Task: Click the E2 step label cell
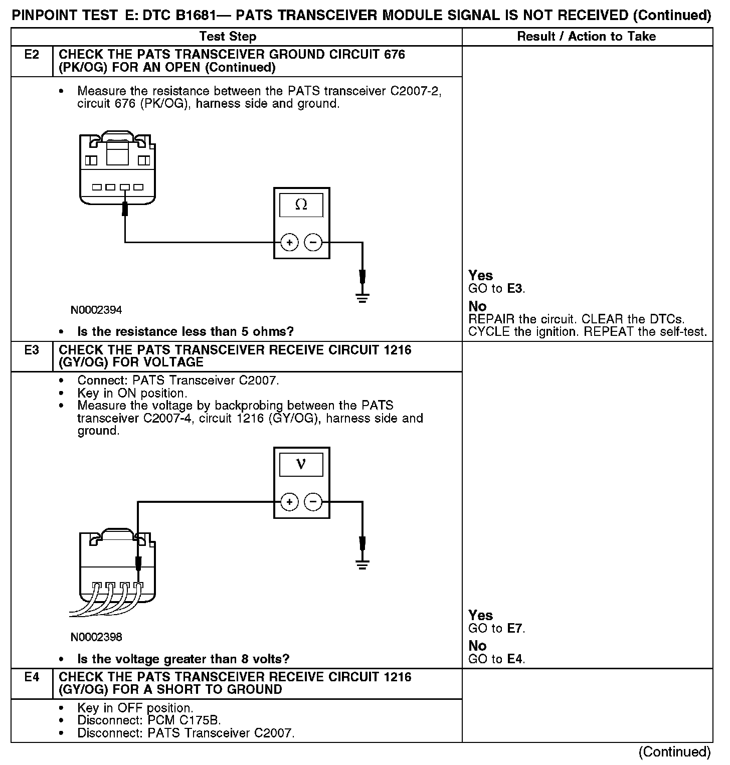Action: (x=32, y=55)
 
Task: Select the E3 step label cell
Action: (x=32, y=350)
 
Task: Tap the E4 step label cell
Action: (x=32, y=677)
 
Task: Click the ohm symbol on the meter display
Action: (x=301, y=204)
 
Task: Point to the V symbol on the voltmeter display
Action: (x=301, y=464)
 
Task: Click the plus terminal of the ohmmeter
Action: (x=289, y=243)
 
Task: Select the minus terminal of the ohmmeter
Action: (x=313, y=243)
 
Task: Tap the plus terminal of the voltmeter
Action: (x=289, y=502)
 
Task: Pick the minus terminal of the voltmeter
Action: (x=313, y=502)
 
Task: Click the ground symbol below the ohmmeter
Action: (x=362, y=298)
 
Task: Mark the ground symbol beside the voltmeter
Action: (x=362, y=565)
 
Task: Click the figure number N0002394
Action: (x=96, y=310)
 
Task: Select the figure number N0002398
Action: (x=96, y=637)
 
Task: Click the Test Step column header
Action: (x=228, y=37)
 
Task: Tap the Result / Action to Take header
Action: (x=586, y=37)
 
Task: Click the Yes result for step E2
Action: (x=480, y=275)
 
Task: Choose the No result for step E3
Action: (x=477, y=646)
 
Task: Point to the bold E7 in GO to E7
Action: (x=515, y=628)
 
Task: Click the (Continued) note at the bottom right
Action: (x=674, y=751)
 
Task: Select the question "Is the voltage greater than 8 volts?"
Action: (x=184, y=659)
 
